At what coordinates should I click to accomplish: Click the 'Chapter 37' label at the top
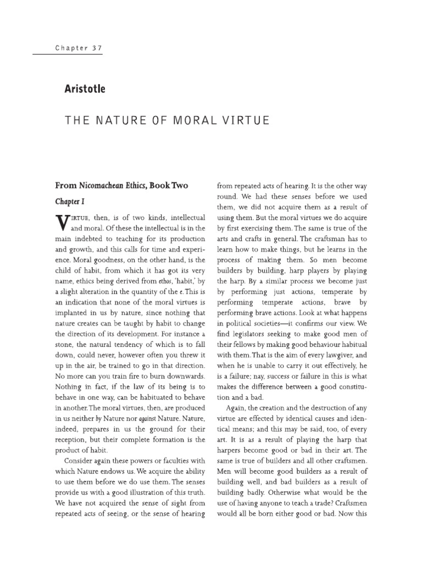[79, 48]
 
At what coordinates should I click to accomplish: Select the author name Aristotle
[85, 88]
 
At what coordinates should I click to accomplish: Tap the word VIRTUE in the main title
[245, 120]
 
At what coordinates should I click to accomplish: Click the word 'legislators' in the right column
[250, 334]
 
